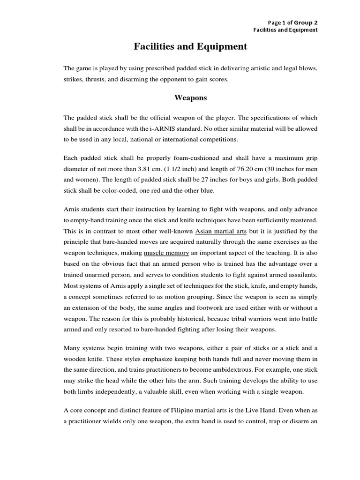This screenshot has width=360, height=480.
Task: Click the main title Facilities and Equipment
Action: point(191,47)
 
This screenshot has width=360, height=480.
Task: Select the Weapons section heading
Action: point(191,98)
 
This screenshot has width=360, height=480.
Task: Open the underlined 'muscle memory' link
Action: point(166,253)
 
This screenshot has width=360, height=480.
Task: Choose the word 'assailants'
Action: point(299,275)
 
